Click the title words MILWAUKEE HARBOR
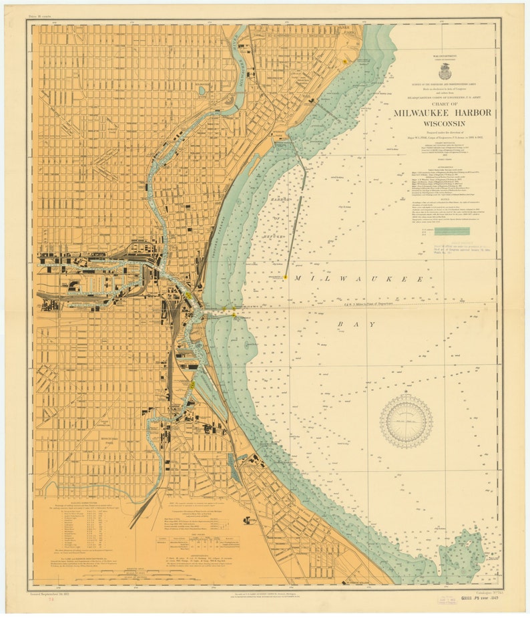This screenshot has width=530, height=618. click(x=442, y=112)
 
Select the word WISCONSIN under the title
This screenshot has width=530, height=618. click(x=442, y=124)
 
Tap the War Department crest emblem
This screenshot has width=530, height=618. click(x=445, y=71)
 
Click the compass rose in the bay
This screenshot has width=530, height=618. click(x=406, y=422)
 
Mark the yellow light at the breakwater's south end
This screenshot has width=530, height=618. click(x=286, y=277)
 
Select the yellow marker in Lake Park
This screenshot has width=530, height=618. click(x=344, y=61)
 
